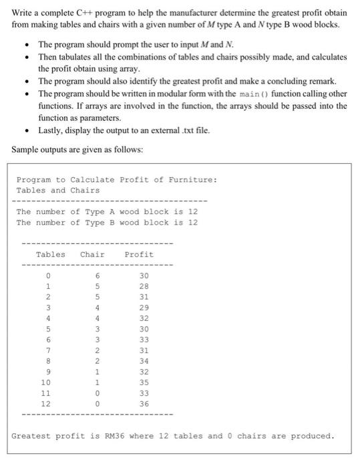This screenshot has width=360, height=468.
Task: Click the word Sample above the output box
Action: pos(27,149)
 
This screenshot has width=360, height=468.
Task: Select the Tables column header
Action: pos(51,254)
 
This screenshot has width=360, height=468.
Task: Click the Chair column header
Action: pos(92,254)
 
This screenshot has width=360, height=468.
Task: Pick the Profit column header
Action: pos(139,254)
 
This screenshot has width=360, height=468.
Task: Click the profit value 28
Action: pos(144,286)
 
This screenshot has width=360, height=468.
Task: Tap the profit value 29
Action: pos(144,308)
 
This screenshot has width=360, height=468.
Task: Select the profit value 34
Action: pos(144,361)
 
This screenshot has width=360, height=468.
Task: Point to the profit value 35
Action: pos(144,382)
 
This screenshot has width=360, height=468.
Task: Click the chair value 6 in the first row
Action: pos(98,275)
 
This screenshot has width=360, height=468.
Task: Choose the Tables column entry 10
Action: pos(46,382)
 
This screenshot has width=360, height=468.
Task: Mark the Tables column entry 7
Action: pos(48,350)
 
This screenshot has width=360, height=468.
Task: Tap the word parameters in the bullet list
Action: pos(89,117)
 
